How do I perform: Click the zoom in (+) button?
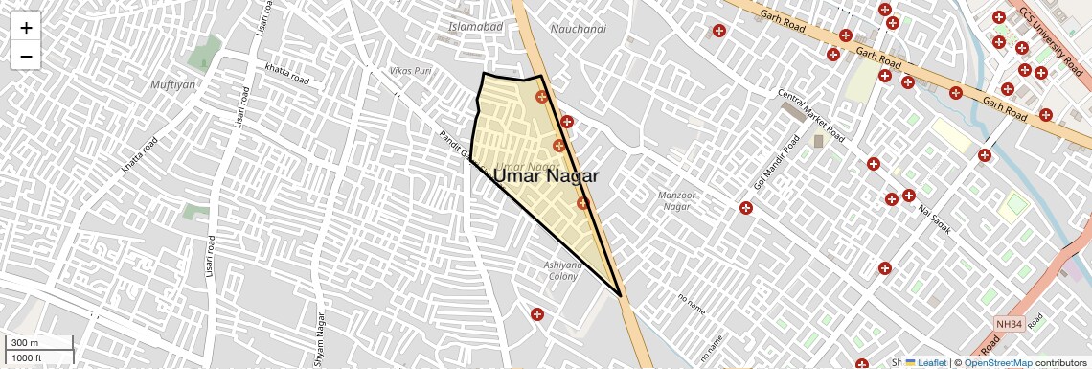click(x=26, y=28)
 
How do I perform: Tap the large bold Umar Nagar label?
click(x=546, y=176)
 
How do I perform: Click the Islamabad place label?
click(x=476, y=27)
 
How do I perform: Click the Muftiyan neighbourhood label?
click(x=173, y=84)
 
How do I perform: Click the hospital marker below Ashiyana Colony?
click(x=537, y=314)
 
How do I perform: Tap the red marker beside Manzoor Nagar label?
click(x=745, y=208)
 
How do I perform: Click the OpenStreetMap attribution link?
click(x=997, y=362)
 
